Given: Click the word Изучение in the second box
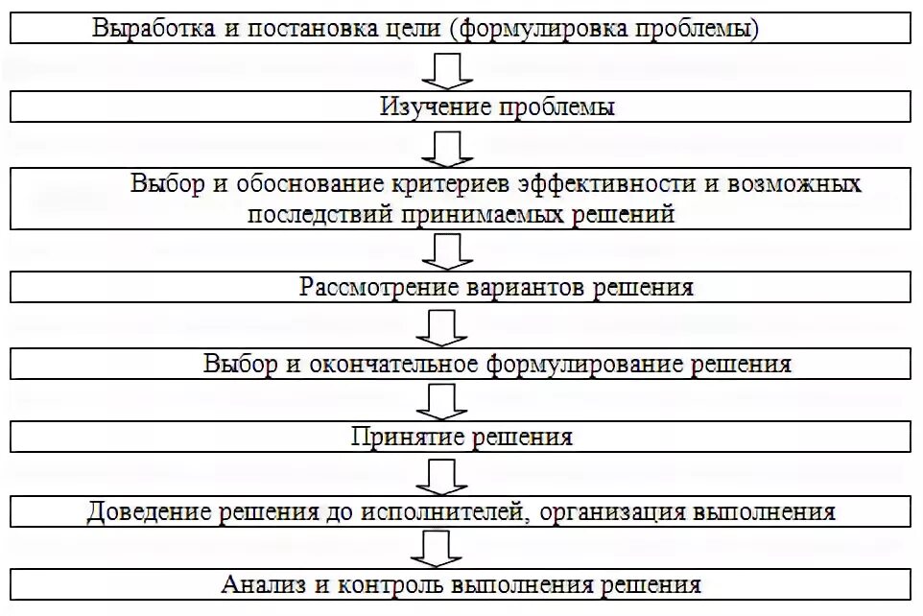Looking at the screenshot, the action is pos(437,107).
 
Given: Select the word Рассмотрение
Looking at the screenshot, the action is pos(378,287).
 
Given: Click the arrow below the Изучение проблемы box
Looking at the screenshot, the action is pos(447,149).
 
